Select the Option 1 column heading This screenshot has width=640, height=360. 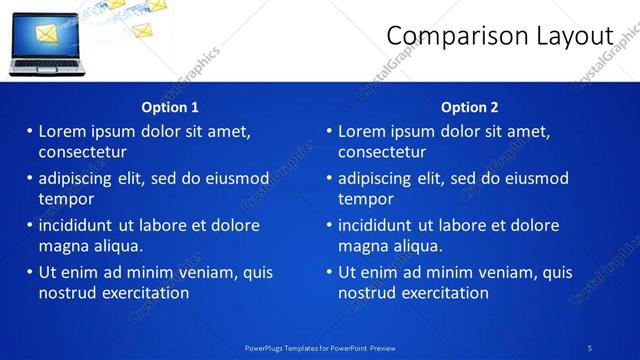click(x=170, y=107)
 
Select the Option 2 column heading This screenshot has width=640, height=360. click(x=470, y=107)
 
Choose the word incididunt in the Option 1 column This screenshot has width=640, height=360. click(x=78, y=225)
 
